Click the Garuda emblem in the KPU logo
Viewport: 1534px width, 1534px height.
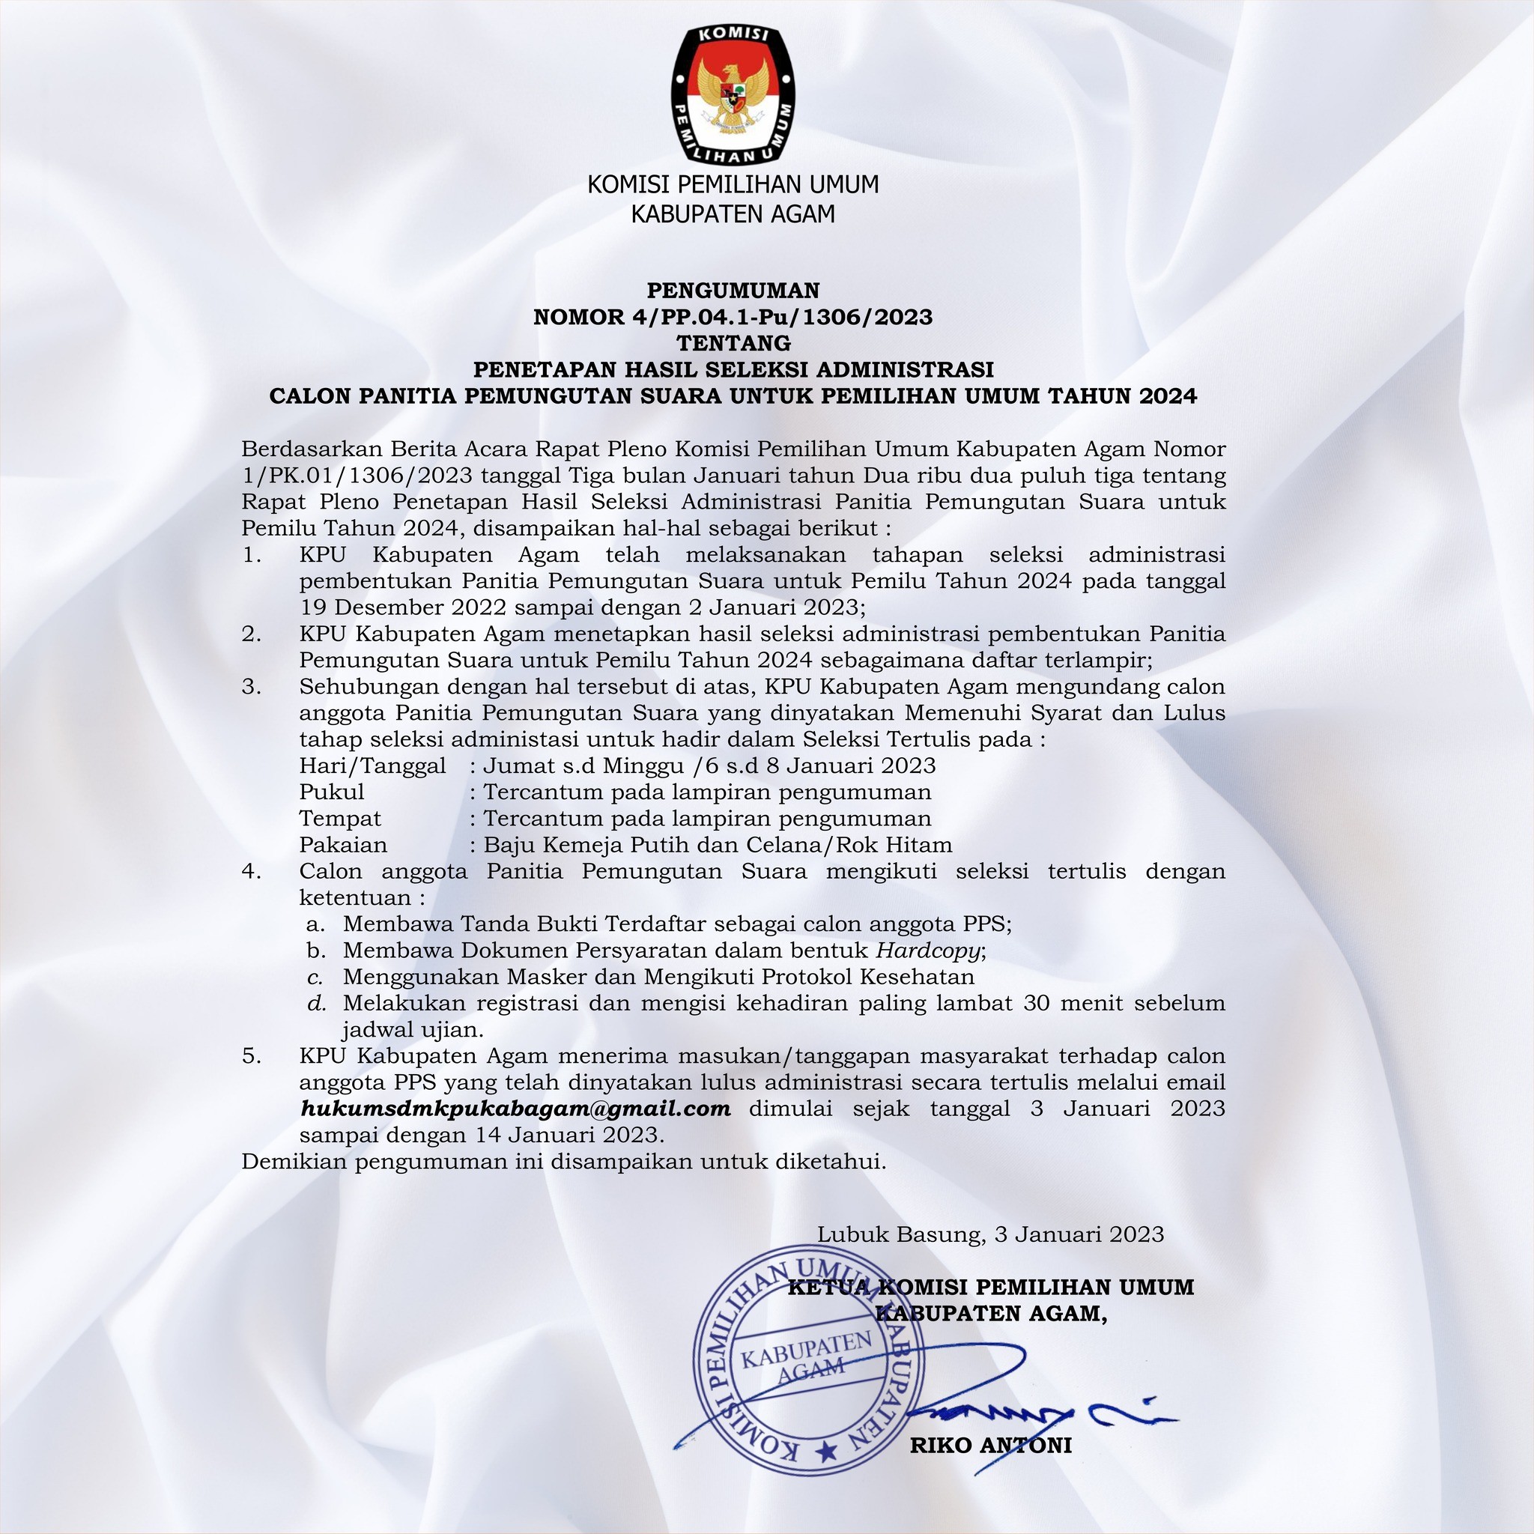[x=733, y=96]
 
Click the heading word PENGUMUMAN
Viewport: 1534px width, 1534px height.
[x=733, y=291]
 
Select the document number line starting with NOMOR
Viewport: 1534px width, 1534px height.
[x=733, y=317]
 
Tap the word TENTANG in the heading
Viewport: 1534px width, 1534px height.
[x=733, y=343]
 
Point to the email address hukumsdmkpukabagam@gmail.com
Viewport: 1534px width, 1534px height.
[x=515, y=1109]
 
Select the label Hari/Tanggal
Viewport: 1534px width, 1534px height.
[x=372, y=766]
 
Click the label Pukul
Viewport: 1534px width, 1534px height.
[x=332, y=792]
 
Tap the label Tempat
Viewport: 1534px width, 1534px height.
[x=340, y=819]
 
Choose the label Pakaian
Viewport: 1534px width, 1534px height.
[x=343, y=845]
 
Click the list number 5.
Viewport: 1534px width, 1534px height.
[x=251, y=1056]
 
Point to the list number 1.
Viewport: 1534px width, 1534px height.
[x=251, y=555]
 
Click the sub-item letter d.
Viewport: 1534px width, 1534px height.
[x=317, y=1004]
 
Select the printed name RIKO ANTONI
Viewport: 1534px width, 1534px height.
[x=991, y=1445]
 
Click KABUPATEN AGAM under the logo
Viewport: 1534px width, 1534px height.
[x=733, y=213]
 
